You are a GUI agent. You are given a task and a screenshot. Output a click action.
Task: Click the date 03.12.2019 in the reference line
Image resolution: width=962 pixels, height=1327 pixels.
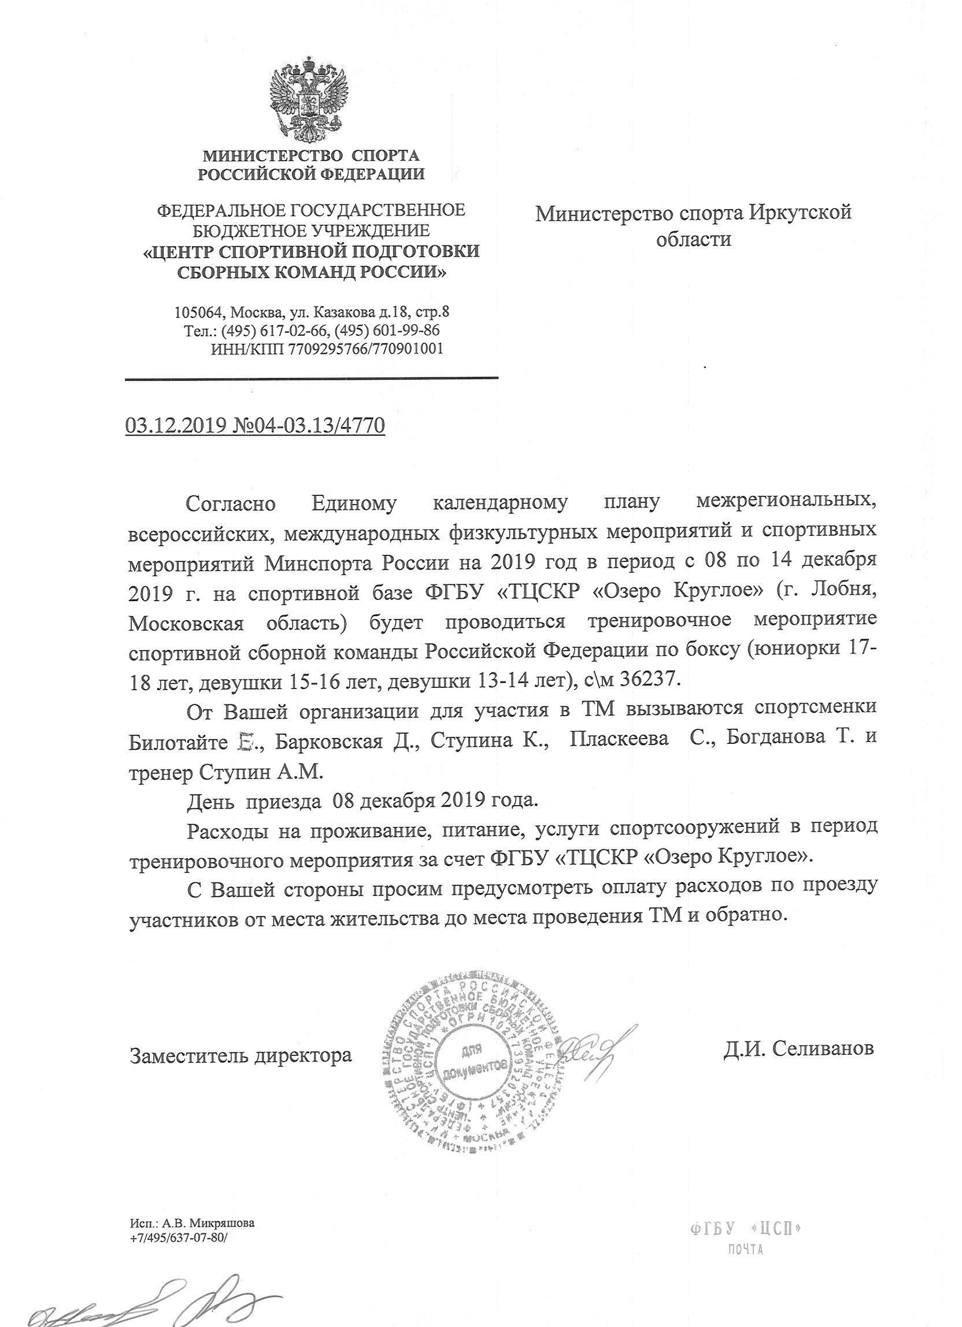pyautogui.click(x=174, y=425)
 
